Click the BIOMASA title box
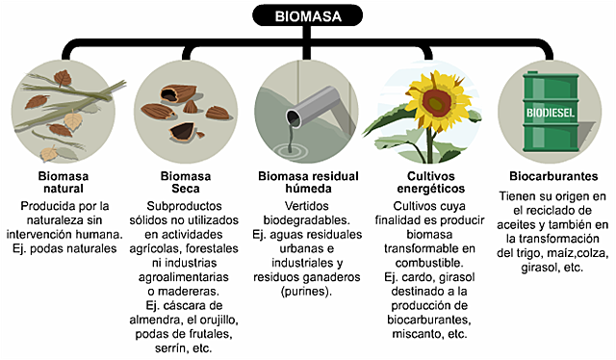pos(307,15)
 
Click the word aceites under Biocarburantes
pos(541,224)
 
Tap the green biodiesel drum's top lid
pos(551,70)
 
